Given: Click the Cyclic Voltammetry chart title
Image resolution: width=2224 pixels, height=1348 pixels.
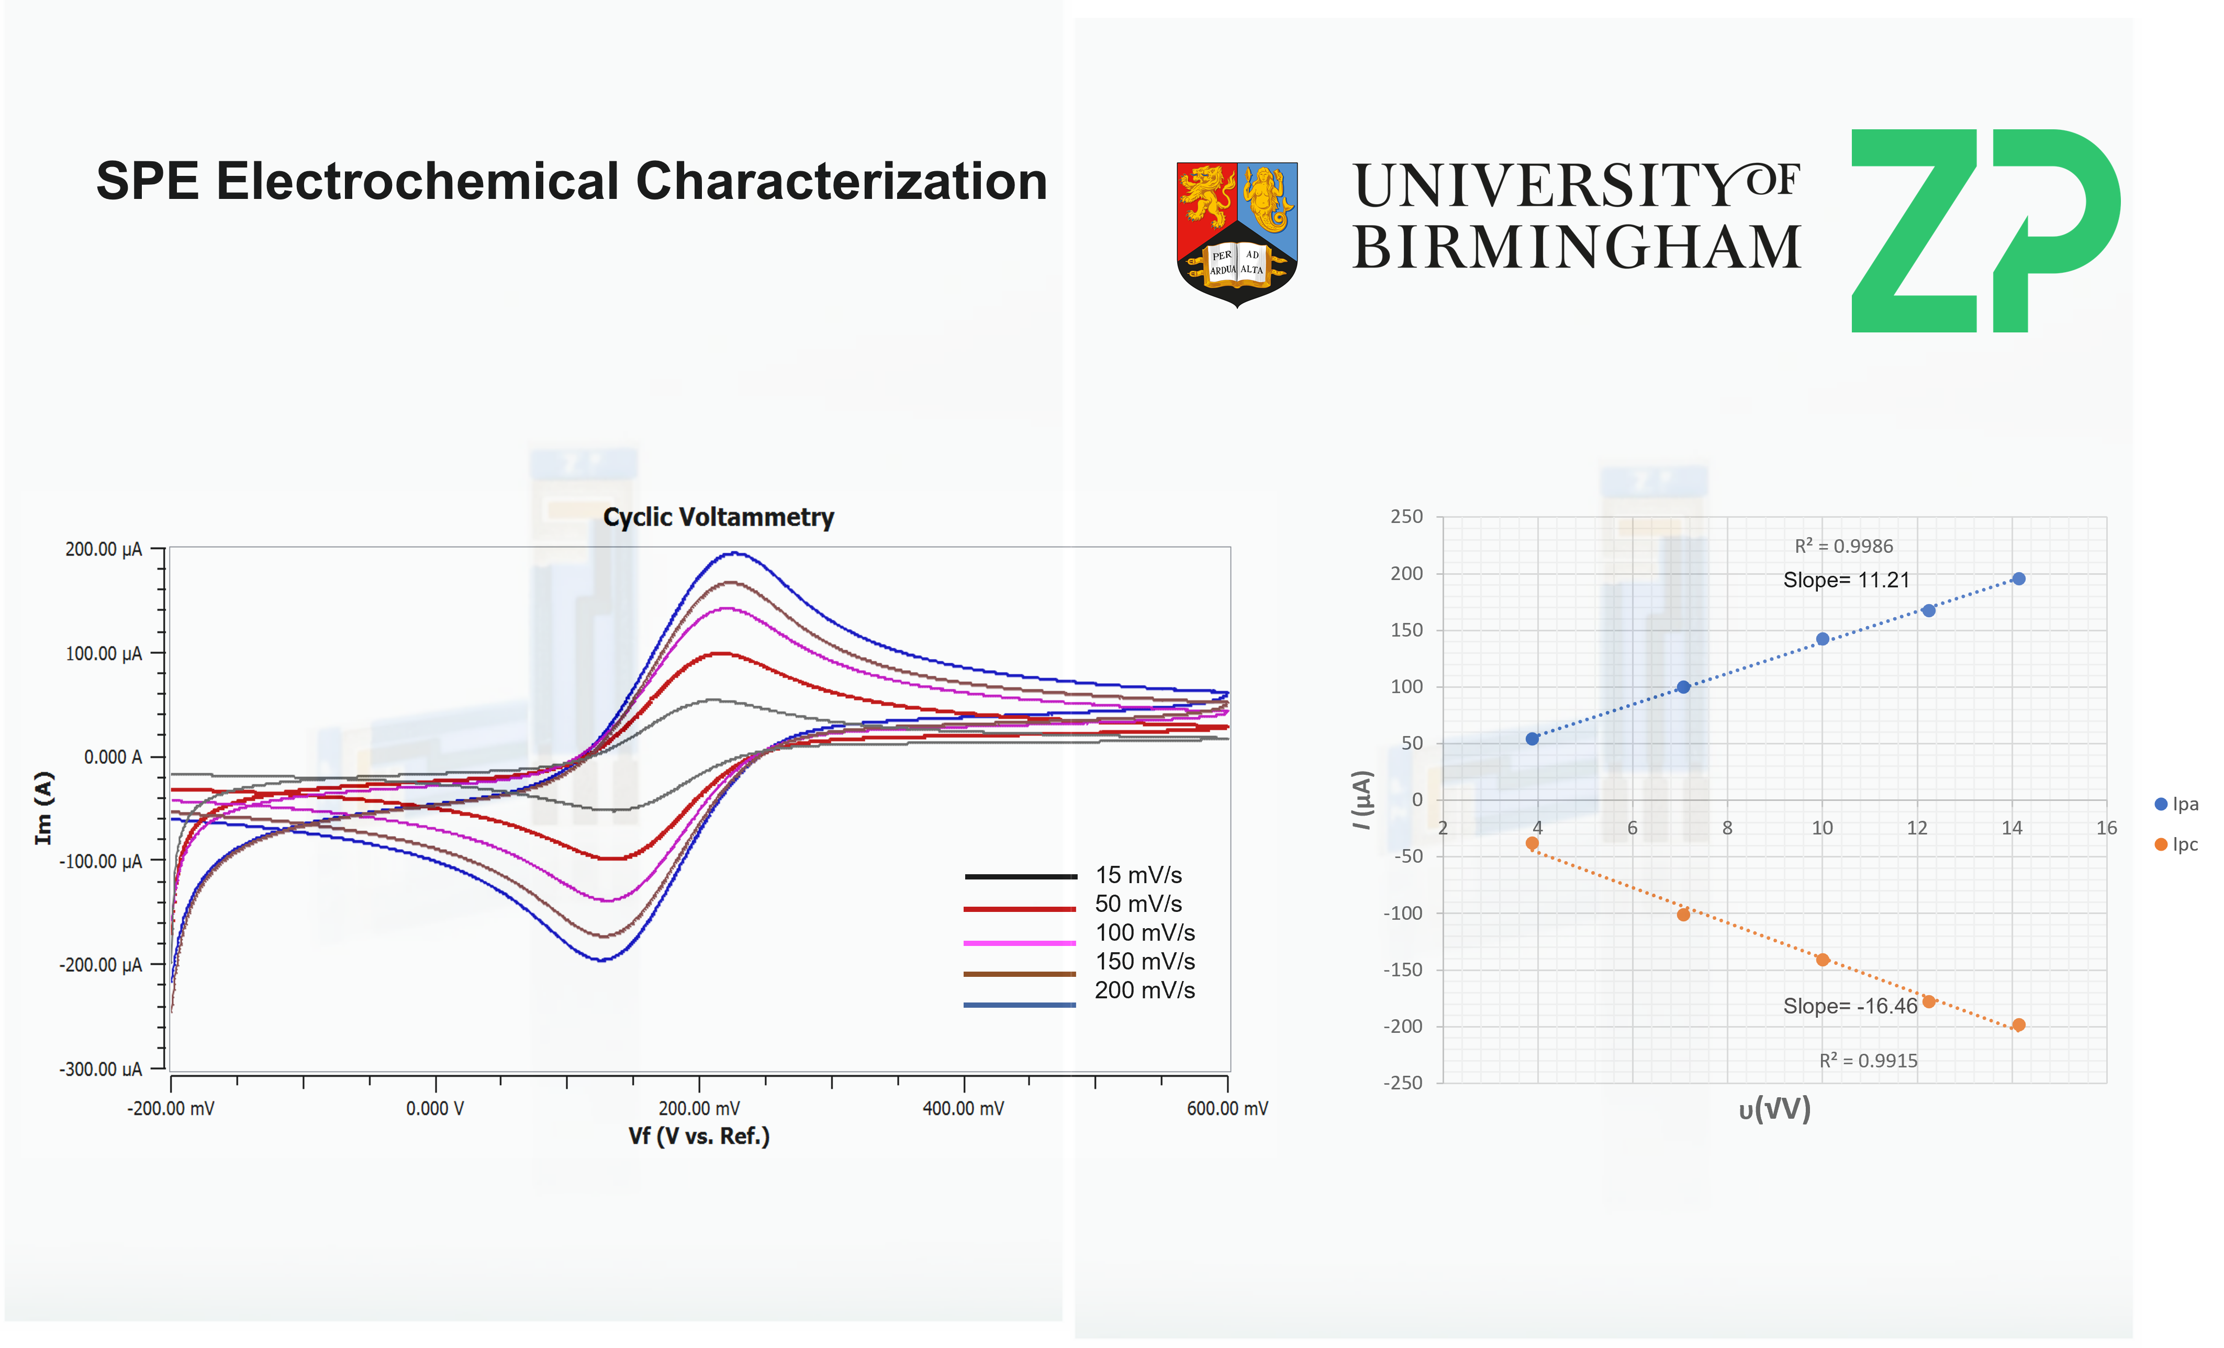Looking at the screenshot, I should click(x=719, y=517).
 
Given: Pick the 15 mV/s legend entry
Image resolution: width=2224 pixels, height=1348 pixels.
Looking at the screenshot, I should click(x=1138, y=875).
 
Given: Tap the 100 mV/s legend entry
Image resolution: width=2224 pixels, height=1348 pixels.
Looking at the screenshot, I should click(x=1145, y=933).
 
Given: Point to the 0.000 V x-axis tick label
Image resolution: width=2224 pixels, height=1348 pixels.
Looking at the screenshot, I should click(x=435, y=1109).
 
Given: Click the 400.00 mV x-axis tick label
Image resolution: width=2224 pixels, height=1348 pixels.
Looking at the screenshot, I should click(x=963, y=1109).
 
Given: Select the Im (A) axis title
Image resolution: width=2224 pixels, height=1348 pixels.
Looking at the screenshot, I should click(x=43, y=808).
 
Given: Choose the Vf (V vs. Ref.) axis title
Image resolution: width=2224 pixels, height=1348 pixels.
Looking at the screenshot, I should click(x=699, y=1136).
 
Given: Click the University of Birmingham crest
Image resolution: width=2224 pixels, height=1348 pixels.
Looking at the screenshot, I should click(x=1236, y=233).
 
